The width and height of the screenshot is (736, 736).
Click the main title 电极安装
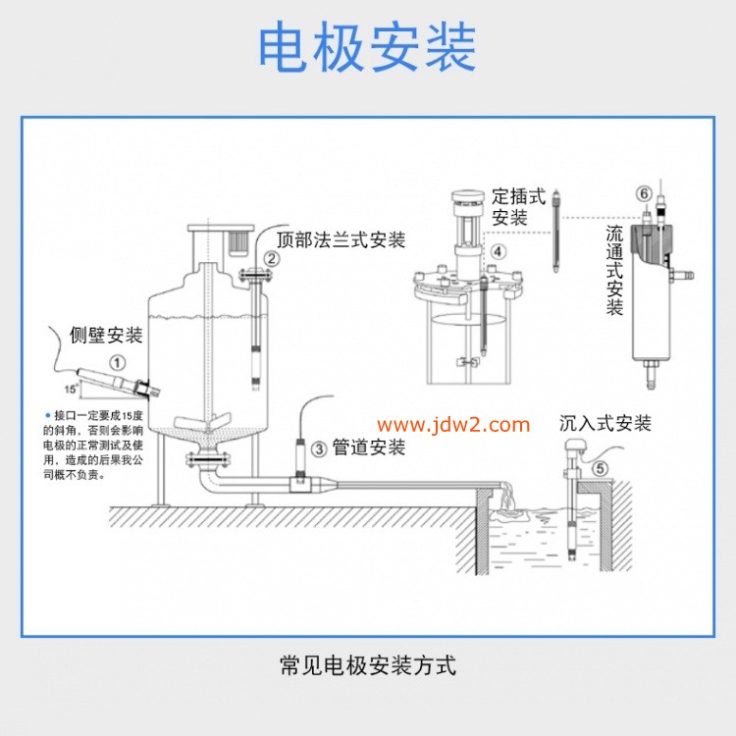(x=367, y=47)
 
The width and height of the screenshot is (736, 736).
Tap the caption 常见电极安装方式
(x=368, y=666)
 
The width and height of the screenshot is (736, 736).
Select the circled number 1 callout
(x=118, y=361)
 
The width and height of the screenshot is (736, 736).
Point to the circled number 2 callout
(x=272, y=259)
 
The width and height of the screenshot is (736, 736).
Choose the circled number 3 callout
(x=319, y=448)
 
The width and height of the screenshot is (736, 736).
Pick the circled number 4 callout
(x=499, y=252)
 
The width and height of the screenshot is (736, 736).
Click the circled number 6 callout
(x=644, y=193)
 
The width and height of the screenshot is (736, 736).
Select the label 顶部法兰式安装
(x=341, y=239)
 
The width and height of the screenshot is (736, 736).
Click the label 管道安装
(x=368, y=447)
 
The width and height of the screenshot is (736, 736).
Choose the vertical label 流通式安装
(x=615, y=271)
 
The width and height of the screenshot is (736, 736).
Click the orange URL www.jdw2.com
(x=453, y=425)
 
